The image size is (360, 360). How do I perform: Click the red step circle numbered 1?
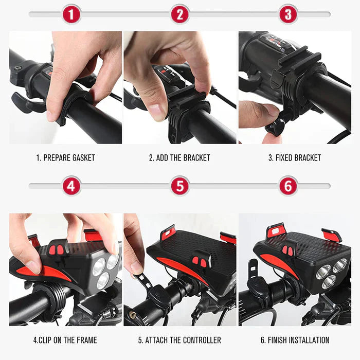[x=71, y=14]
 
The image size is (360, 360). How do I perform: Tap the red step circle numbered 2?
[x=180, y=14]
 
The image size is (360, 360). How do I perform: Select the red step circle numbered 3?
[x=289, y=14]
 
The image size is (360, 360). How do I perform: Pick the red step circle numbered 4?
[x=71, y=186]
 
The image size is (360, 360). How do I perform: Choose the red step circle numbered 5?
[x=180, y=186]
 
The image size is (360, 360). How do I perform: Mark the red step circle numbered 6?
[x=289, y=186]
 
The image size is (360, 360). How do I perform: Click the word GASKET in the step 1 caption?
[x=83, y=158]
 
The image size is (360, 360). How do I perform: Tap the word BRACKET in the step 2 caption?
[x=196, y=158]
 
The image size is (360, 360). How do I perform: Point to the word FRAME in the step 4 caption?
[x=86, y=340]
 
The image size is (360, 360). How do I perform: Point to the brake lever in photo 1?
[x=26, y=103]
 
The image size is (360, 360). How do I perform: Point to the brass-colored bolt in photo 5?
[x=132, y=314]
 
